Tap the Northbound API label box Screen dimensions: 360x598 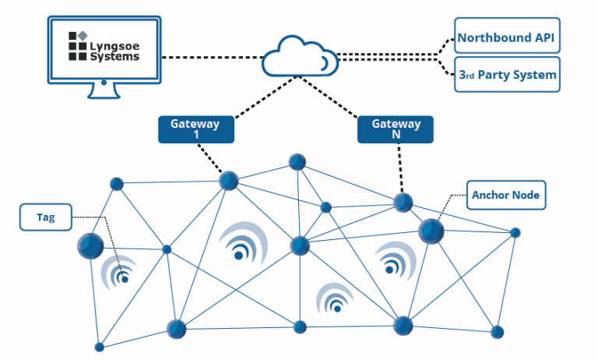pos(506,37)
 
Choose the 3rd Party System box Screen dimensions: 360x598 pos(506,76)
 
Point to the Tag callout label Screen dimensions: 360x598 pos(46,217)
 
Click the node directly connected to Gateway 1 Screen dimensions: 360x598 pos(228,181)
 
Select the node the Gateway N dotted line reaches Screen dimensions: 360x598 pos(403,203)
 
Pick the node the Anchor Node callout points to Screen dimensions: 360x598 pos(431,231)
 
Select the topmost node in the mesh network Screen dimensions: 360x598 pos(297,162)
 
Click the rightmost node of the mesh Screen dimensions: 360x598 pos(515,232)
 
